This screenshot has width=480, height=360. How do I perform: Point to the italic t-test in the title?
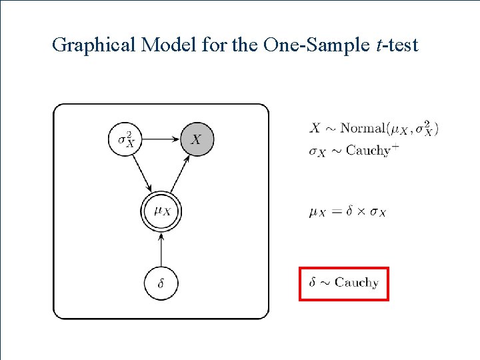[396, 45]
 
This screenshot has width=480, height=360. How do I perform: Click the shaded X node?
[197, 139]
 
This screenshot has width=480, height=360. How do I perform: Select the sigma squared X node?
[125, 139]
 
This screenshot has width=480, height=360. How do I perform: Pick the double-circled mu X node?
[161, 211]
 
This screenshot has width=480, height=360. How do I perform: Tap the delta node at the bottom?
[161, 283]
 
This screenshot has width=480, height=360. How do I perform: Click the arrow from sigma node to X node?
[161, 139]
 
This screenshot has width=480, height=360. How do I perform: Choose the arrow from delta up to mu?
[161, 248]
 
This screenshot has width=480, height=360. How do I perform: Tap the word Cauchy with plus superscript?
[368, 151]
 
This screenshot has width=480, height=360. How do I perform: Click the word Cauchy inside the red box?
[357, 283]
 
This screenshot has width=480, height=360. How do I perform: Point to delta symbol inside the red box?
[313, 282]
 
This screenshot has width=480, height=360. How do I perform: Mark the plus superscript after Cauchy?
[395, 147]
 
